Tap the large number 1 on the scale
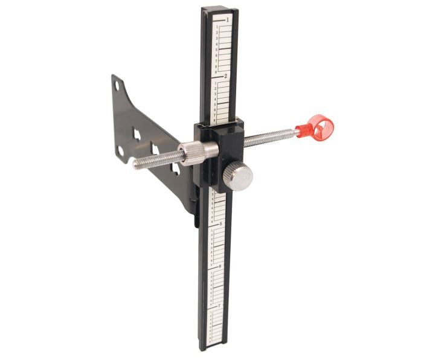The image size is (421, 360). point(227,20)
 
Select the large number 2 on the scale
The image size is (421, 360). point(225,77)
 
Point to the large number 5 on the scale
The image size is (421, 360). point(221,224)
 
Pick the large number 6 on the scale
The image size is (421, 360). point(220,266)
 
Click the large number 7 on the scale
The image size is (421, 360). point(218,307)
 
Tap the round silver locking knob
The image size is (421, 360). point(237,177)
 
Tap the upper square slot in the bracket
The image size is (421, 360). point(137,134)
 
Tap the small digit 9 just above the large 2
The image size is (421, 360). point(216,71)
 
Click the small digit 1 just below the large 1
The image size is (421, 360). point(217,27)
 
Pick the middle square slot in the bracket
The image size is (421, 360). point(155,149)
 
